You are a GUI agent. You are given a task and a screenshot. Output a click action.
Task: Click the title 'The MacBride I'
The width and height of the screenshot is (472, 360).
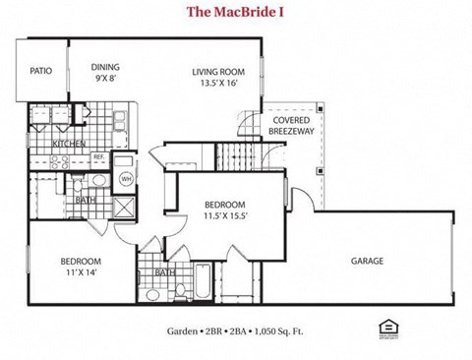(236, 12)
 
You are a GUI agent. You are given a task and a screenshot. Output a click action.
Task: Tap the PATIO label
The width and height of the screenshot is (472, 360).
(40, 71)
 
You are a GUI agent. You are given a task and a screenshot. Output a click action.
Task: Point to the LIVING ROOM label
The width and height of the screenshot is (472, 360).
(216, 71)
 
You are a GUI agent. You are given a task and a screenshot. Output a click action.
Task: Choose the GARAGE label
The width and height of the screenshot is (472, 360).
(367, 261)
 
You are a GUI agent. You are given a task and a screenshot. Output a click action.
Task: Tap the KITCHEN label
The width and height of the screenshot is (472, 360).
(69, 145)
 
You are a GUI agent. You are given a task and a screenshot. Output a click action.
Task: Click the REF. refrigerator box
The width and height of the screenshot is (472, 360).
(98, 157)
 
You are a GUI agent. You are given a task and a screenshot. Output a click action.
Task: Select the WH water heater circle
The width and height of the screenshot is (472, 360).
(126, 179)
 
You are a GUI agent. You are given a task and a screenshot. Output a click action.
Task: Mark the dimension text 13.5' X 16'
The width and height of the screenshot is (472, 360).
(216, 83)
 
